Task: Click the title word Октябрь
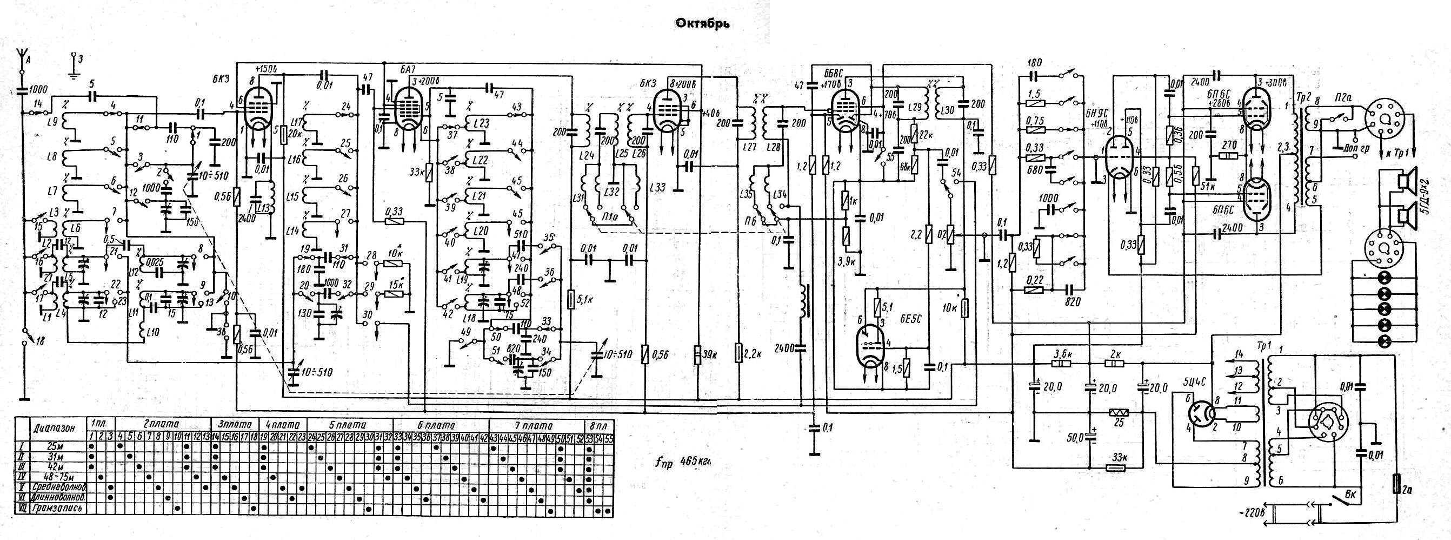click(x=702, y=24)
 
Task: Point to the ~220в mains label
click(x=1253, y=513)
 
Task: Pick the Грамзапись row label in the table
click(x=59, y=509)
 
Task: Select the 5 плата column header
click(x=348, y=424)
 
